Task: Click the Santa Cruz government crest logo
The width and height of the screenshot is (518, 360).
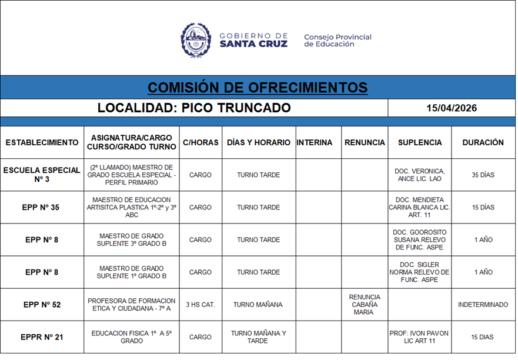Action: coord(195,40)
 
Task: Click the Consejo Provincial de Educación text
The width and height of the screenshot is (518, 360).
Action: coord(337,41)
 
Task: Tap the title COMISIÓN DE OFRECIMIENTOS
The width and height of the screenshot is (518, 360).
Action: coord(258,88)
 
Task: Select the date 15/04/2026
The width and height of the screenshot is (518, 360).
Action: coord(452,108)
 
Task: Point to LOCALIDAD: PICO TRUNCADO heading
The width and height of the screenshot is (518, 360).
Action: coord(194,108)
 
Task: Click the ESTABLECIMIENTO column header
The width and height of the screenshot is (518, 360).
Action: coord(42,142)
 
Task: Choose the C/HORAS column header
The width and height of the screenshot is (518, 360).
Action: coord(200,142)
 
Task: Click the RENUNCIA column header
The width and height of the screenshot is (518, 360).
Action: coord(365,142)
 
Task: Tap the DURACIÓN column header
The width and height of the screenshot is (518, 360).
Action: coord(483,142)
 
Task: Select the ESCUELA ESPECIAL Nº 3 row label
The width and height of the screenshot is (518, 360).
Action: coord(42,175)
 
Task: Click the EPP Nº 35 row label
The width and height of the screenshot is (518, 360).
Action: coord(42,208)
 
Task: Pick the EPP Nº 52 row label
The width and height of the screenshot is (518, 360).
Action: coord(42,305)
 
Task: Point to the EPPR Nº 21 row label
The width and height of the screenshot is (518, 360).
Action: coord(42,337)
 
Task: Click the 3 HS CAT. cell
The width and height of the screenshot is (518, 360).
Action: coord(200,305)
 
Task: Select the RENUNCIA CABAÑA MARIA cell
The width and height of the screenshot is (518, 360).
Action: coord(365,305)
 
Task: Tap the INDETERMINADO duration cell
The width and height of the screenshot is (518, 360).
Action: coord(483,305)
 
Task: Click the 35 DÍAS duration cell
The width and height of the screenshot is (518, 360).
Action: coord(483,175)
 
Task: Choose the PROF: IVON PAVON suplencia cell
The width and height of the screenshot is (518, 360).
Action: coord(420,337)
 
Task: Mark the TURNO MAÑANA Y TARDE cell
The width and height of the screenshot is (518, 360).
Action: coord(258,337)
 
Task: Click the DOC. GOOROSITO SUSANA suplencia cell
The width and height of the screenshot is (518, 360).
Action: coord(420,240)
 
